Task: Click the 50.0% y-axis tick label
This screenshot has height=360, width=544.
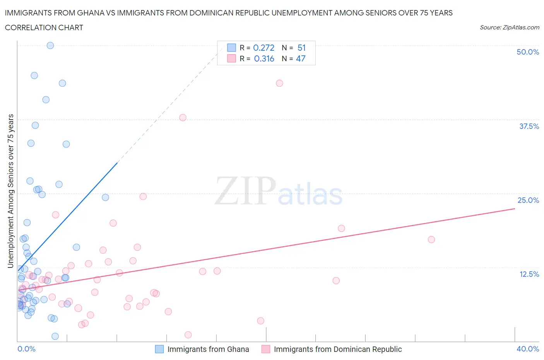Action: click(528, 52)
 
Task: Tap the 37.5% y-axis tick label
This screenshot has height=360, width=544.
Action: click(529, 126)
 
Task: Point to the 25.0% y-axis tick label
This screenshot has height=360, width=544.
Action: click(528, 200)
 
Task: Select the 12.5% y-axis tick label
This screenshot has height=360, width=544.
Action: click(529, 274)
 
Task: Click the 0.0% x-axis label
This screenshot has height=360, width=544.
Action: click(26, 349)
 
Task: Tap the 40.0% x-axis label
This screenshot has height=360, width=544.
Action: click(528, 349)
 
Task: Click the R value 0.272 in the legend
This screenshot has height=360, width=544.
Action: click(263, 48)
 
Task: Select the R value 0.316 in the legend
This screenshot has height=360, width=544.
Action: click(264, 58)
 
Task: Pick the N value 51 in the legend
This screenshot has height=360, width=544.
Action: click(301, 48)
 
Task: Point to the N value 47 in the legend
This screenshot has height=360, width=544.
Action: click(301, 58)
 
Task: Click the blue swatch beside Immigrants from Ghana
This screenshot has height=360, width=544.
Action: click(159, 349)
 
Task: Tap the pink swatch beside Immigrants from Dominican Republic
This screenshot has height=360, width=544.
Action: click(266, 349)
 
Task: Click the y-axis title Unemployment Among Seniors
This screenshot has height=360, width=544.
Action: click(10, 191)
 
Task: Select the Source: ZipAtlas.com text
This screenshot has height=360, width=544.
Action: click(509, 27)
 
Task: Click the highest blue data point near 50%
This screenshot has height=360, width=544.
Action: click(50, 45)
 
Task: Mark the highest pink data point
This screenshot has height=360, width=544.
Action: click(279, 83)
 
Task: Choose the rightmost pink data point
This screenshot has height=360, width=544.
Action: click(431, 239)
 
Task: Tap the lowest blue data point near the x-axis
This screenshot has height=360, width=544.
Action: click(55, 336)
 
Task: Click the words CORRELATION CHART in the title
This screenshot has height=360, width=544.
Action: click(44, 27)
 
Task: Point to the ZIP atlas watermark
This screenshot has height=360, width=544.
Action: click(279, 191)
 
